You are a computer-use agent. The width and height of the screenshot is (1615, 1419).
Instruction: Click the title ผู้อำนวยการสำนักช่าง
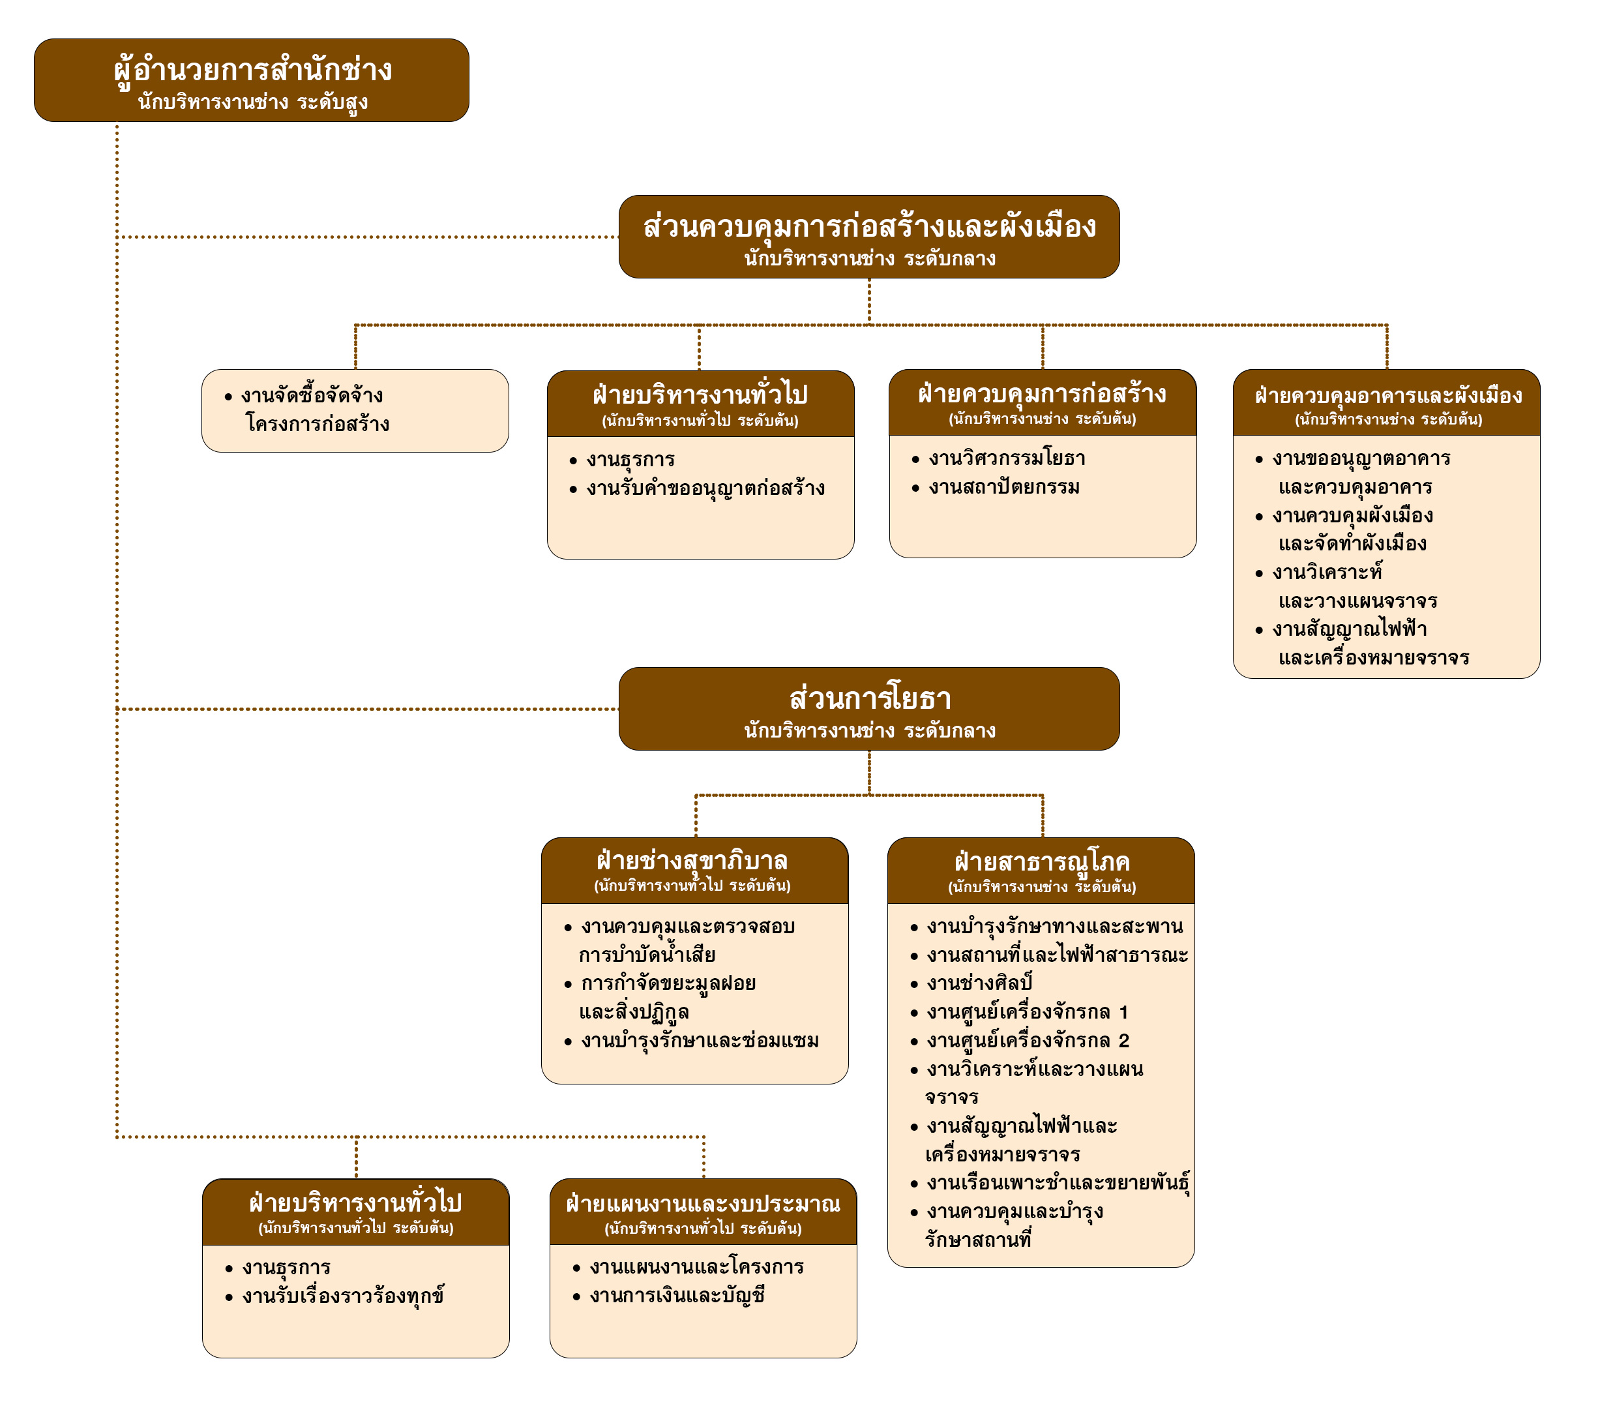[x=252, y=70]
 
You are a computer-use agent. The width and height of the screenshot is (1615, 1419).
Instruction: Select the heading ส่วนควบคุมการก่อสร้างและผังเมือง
[x=869, y=227]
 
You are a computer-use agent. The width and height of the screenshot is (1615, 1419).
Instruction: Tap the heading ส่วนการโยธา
[x=869, y=698]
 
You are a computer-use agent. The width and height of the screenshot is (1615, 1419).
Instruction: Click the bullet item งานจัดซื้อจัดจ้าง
[x=312, y=396]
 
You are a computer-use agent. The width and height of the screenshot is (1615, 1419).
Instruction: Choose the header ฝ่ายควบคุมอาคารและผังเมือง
[x=1387, y=395]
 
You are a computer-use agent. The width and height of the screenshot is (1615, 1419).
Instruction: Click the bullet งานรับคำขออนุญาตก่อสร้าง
[x=705, y=488]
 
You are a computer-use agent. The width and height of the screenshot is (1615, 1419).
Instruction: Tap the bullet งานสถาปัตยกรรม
[x=1003, y=488]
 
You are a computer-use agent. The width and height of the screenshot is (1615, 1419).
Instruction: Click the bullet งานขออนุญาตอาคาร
[x=1361, y=459]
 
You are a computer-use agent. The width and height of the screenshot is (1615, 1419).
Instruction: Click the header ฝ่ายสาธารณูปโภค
[x=1041, y=862]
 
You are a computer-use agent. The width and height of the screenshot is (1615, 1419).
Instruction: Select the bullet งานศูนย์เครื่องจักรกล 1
[x=1027, y=1012]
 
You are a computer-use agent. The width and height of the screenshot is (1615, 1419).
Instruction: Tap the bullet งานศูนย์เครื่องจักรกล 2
[x=1027, y=1041]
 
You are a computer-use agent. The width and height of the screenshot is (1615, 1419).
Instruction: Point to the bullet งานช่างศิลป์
[x=980, y=983]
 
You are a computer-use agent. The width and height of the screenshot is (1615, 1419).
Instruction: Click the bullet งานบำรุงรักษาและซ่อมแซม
[x=699, y=1041]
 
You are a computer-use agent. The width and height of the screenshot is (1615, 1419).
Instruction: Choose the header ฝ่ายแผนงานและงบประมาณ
[x=702, y=1204]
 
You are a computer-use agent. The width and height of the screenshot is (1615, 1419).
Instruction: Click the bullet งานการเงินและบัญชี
[x=676, y=1296]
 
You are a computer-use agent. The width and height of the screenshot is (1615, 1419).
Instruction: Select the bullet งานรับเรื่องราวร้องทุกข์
[x=343, y=1296]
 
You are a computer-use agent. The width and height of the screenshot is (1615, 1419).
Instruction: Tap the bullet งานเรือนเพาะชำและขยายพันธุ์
[x=1057, y=1184]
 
